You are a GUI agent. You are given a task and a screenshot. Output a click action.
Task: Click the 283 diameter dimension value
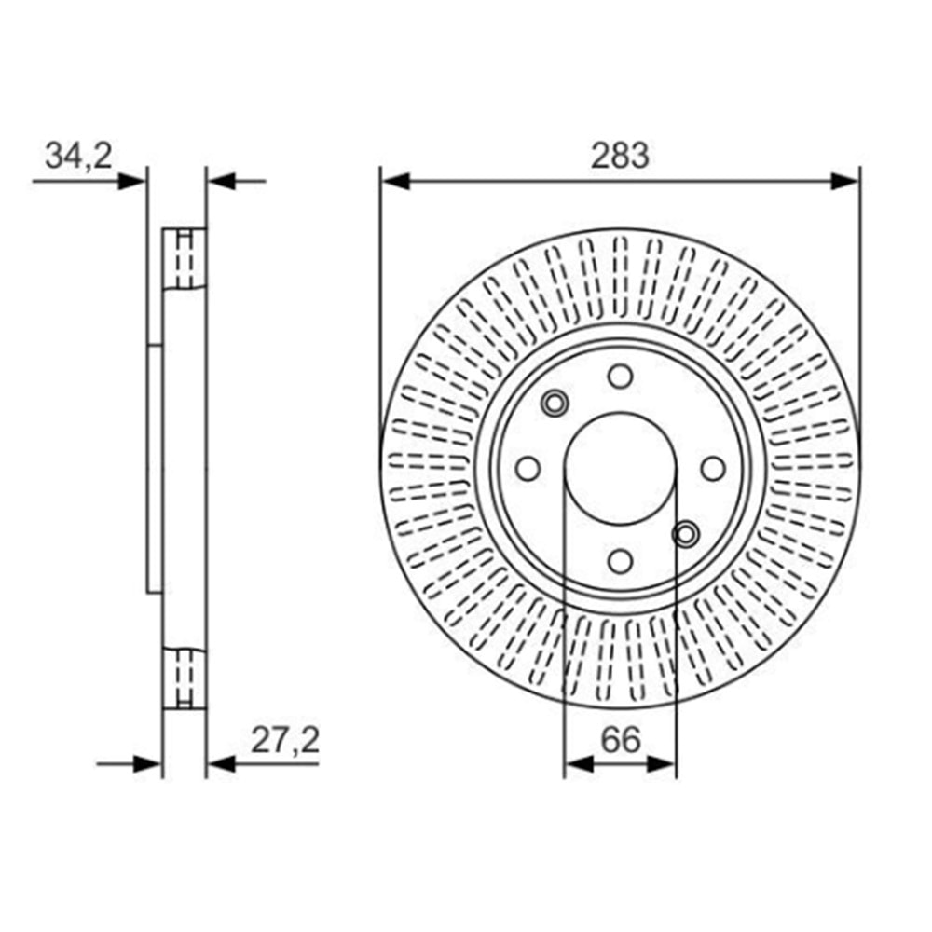(620, 156)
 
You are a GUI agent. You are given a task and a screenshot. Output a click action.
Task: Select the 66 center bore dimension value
(621, 740)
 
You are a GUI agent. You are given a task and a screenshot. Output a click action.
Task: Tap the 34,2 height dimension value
(78, 157)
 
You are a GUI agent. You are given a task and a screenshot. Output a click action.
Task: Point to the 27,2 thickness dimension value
(285, 741)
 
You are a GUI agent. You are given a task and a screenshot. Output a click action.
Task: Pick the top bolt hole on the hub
(620, 377)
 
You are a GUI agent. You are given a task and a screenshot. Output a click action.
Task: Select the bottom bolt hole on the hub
(620, 561)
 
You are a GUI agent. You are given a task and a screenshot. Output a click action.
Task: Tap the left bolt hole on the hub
(528, 469)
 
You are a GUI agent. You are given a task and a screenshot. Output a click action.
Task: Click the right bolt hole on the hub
(713, 469)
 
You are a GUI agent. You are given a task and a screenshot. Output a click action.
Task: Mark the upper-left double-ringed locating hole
(555, 404)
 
